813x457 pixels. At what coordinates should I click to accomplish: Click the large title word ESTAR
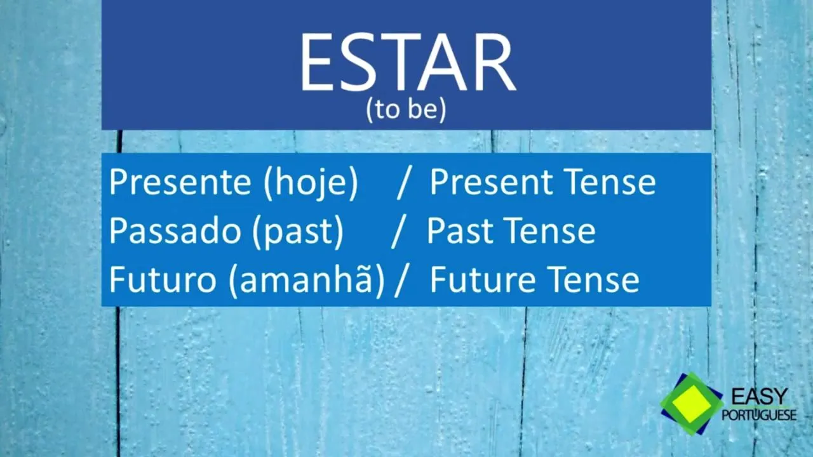click(407, 63)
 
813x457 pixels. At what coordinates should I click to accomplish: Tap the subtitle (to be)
click(406, 110)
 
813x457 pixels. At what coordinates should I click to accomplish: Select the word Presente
click(180, 182)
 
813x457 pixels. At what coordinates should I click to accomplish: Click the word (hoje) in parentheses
click(311, 183)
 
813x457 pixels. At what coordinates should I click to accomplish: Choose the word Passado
click(175, 230)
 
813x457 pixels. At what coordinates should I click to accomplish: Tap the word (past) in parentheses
click(298, 232)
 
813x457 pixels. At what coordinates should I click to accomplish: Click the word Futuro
click(163, 279)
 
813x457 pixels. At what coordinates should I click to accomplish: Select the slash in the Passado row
click(398, 232)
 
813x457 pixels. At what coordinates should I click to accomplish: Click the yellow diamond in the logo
click(692, 404)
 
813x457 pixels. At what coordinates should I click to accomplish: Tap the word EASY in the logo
click(760, 396)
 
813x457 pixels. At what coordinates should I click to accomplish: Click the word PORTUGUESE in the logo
click(759, 415)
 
